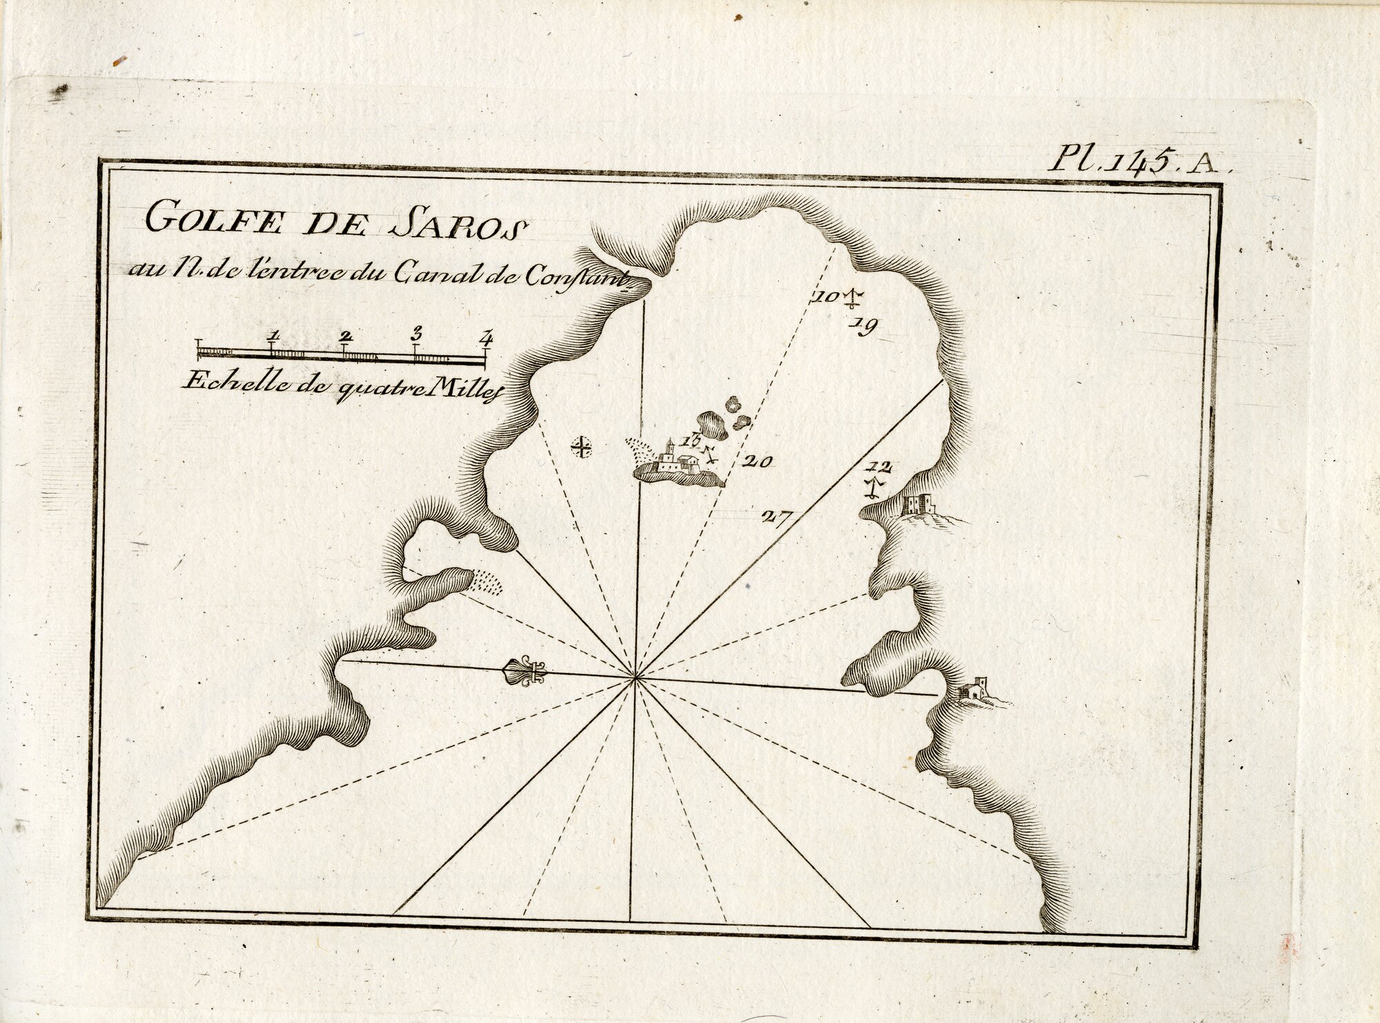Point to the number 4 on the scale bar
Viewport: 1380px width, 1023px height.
point(487,337)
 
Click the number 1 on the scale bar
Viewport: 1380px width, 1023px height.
point(274,335)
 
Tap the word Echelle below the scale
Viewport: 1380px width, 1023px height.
point(218,384)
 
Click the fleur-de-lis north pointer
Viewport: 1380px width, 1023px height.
point(526,671)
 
